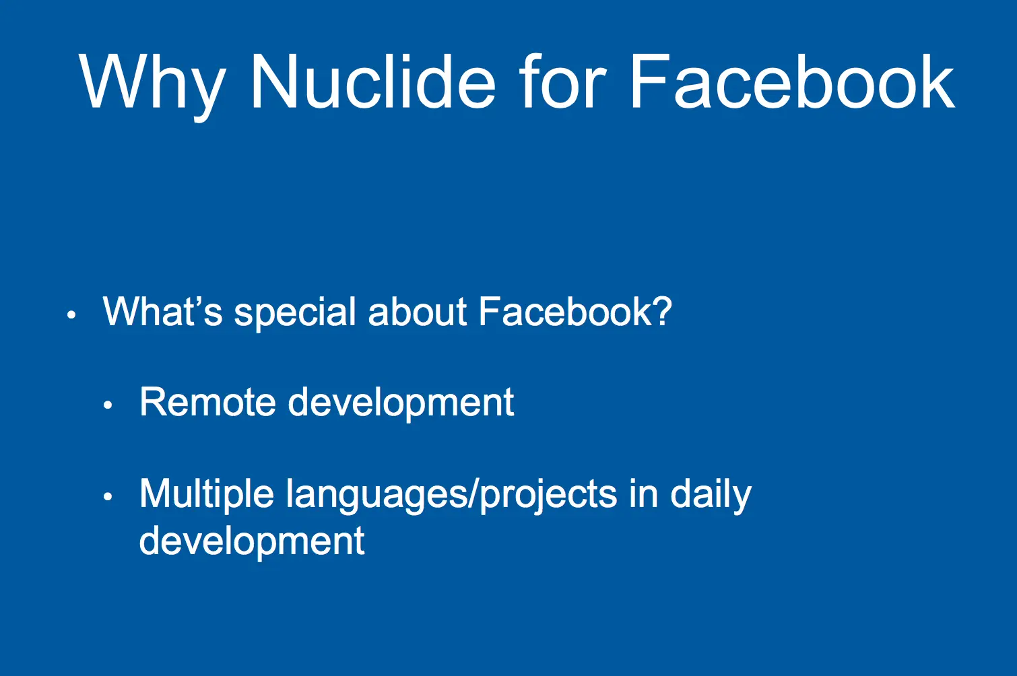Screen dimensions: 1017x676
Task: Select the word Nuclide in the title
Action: coord(373,81)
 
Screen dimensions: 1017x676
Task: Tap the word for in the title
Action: coord(562,81)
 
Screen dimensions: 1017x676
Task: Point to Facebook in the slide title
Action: coord(793,81)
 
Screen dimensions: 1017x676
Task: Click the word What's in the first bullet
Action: coord(162,312)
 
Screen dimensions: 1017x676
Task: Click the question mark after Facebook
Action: coord(663,312)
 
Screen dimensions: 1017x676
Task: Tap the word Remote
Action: coord(207,402)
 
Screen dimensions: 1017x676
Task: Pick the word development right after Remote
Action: coord(401,405)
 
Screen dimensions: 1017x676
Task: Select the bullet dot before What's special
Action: coord(71,314)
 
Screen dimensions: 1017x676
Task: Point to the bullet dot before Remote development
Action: coord(108,405)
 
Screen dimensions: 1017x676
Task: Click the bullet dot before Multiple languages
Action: coord(108,496)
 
